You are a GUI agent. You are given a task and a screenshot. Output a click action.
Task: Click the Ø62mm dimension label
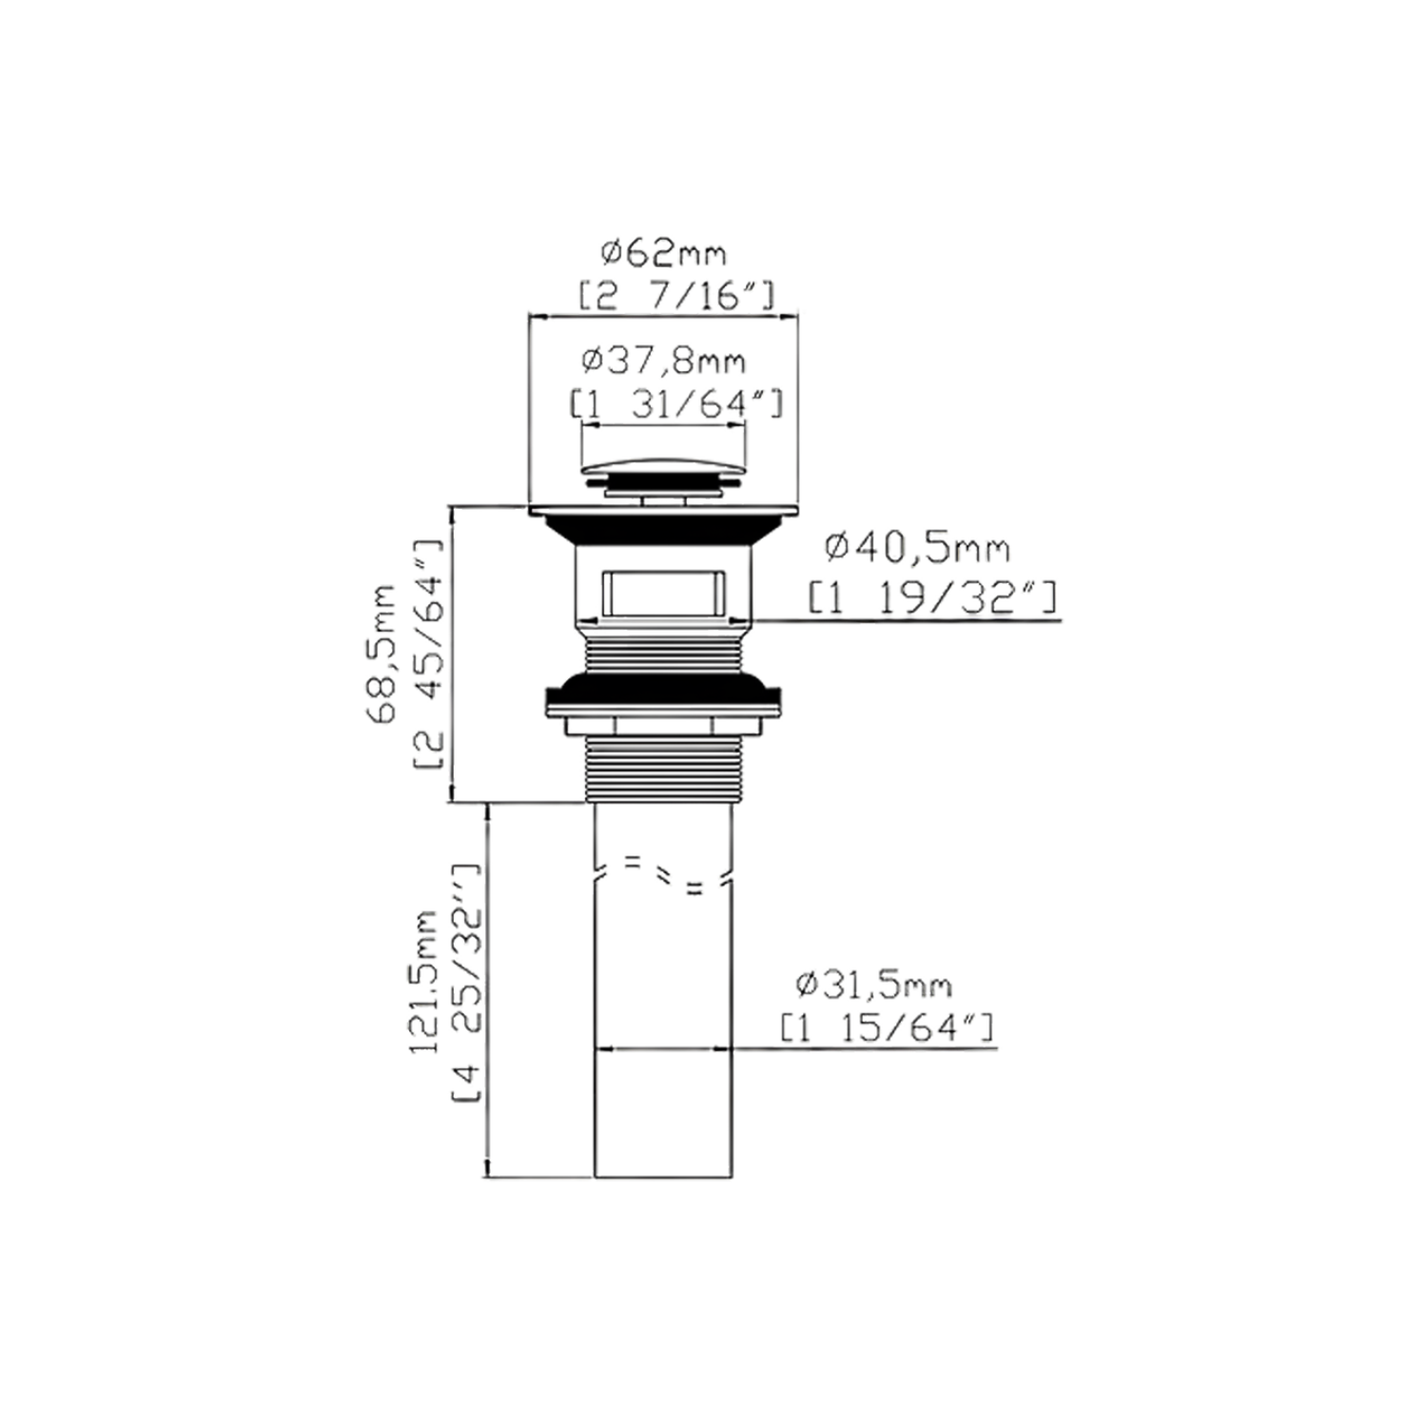point(663,253)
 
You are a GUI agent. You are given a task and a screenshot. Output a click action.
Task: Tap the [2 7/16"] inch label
point(676,296)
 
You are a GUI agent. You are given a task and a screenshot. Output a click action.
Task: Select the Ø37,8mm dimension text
point(663,362)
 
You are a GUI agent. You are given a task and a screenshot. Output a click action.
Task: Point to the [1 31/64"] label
point(676,404)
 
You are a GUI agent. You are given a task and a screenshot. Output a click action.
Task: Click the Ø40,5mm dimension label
point(917,548)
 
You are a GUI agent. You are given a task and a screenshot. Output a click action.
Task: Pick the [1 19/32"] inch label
point(931,598)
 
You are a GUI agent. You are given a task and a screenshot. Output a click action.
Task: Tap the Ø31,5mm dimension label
point(873,985)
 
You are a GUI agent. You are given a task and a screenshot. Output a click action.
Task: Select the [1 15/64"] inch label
point(887,1027)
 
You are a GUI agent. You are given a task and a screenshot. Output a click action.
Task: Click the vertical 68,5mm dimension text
point(383,654)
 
